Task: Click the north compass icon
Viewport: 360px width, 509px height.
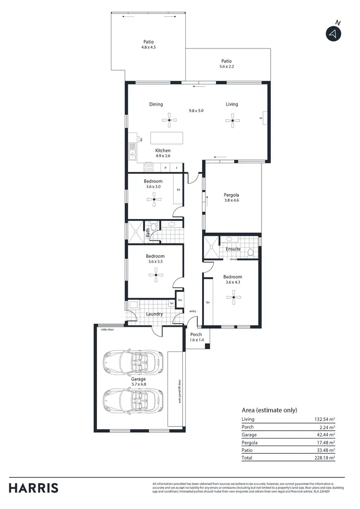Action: pyautogui.click(x=333, y=33)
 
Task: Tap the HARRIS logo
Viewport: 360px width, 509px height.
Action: pyautogui.click(x=34, y=488)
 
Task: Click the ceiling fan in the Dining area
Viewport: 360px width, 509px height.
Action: pyautogui.click(x=169, y=120)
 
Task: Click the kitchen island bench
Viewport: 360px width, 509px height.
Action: pyautogui.click(x=167, y=138)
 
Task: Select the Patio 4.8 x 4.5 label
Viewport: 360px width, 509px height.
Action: pyautogui.click(x=148, y=45)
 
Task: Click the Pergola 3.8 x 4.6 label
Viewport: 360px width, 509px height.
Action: pyautogui.click(x=231, y=197)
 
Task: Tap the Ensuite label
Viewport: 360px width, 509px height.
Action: pyautogui.click(x=233, y=249)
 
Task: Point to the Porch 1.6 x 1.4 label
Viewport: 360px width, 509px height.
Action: pyautogui.click(x=196, y=337)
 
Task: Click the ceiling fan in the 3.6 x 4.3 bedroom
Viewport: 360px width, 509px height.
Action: pyautogui.click(x=233, y=298)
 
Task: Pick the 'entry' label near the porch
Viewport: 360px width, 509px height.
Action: pyautogui.click(x=193, y=312)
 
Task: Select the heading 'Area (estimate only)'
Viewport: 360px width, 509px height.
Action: pyautogui.click(x=269, y=410)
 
